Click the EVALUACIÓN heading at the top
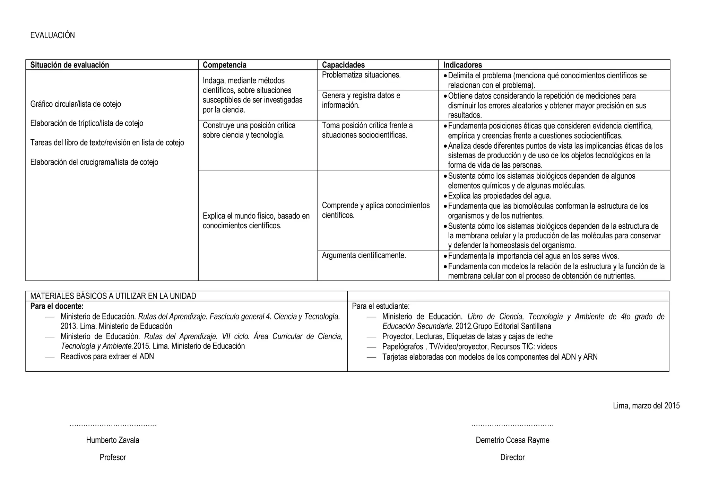52,35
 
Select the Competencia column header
224,65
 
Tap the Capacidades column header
343,65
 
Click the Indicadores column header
462,65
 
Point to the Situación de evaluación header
69,65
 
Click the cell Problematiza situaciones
361,75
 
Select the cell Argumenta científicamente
364,255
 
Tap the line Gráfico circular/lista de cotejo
76,104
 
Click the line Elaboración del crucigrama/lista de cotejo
94,162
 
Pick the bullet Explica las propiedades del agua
499,196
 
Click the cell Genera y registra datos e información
361,100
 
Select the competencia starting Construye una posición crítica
249,130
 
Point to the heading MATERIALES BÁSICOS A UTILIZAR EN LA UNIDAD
113,296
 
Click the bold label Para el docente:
57,306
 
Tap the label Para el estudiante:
381,306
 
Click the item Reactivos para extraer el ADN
107,356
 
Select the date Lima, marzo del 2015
646,406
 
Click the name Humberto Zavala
113,440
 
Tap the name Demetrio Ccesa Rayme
512,440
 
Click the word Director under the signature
512,457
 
